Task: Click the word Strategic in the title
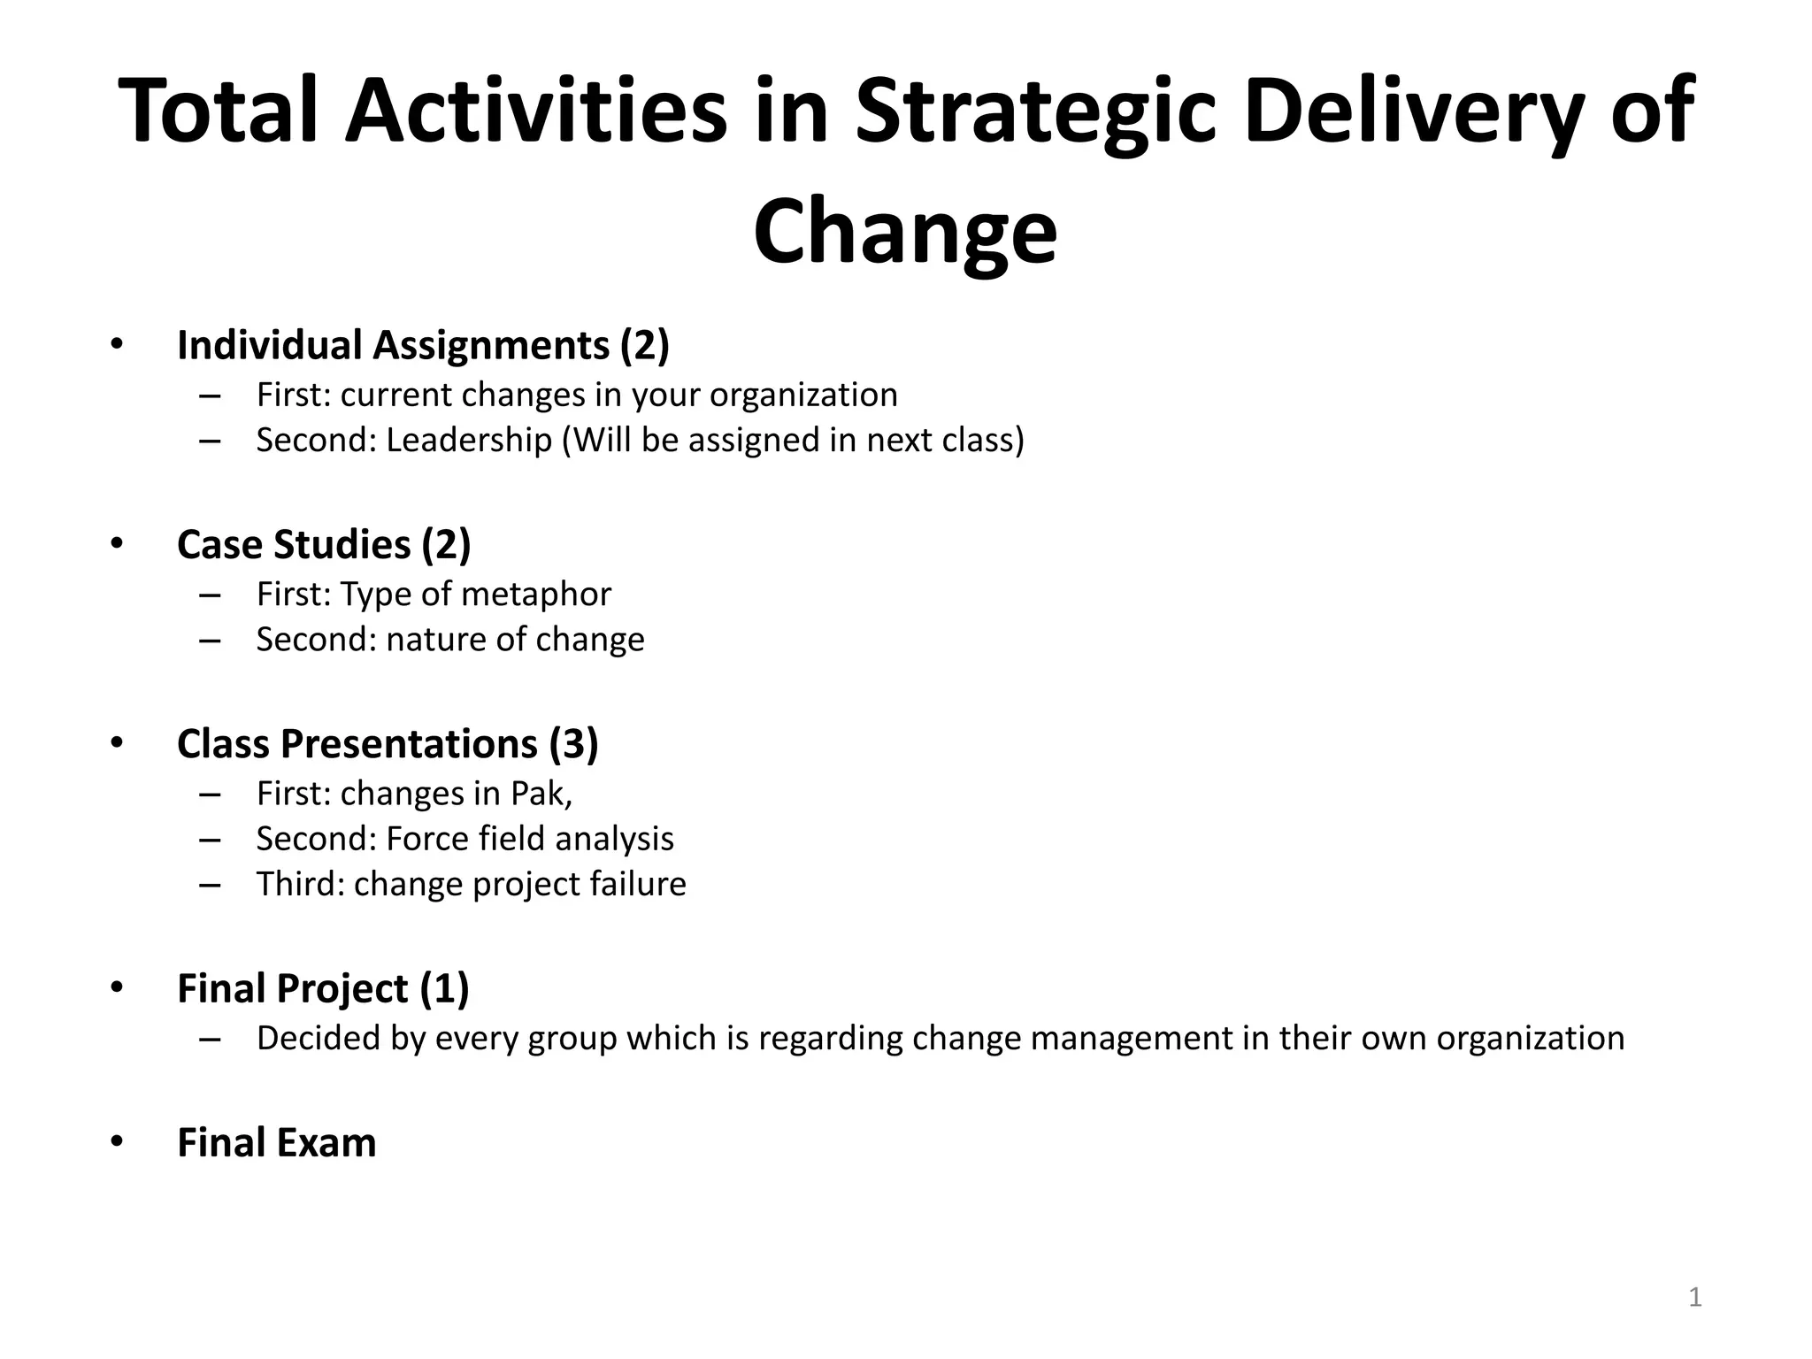point(1035,113)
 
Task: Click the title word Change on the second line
point(905,232)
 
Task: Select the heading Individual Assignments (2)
point(423,345)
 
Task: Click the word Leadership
point(469,440)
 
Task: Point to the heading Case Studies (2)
point(324,544)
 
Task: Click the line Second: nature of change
point(450,639)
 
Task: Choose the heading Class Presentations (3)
point(388,744)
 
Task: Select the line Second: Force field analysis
point(465,839)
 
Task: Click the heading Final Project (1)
point(323,988)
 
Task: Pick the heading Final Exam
point(277,1142)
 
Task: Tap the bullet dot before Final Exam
point(117,1141)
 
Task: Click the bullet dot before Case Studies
point(117,543)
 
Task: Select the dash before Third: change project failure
point(211,885)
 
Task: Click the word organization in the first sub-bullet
point(803,395)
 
